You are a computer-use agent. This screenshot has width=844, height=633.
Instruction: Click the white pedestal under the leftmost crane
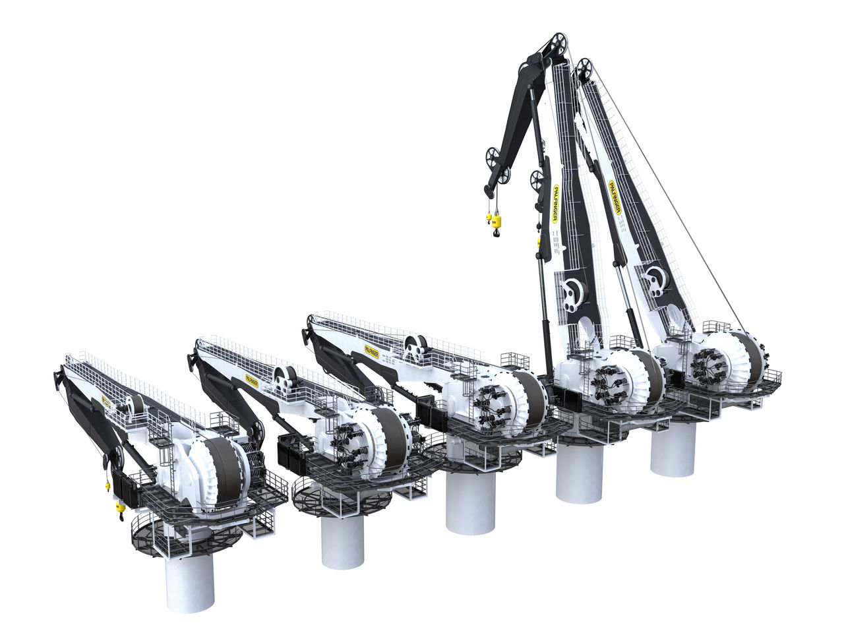tap(190, 584)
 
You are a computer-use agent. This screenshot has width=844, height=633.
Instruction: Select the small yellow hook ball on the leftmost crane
tap(107, 487)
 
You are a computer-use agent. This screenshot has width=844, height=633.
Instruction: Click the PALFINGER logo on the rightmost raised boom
tap(615, 198)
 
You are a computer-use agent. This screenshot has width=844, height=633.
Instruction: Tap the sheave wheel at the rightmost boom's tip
tap(584, 69)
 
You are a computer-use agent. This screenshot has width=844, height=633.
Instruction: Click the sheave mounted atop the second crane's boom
tap(286, 377)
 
